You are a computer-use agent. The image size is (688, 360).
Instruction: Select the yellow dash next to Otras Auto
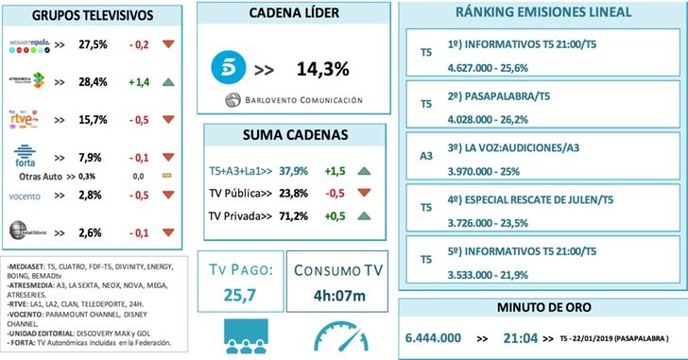pos(167,176)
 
